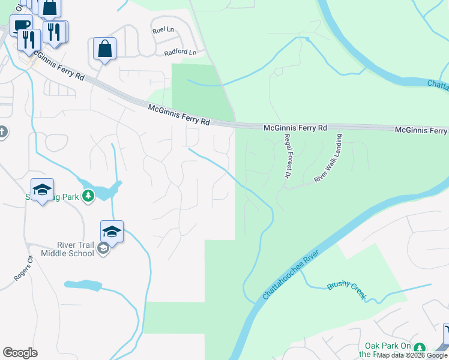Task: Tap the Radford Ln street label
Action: tap(180, 53)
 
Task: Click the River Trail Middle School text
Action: tap(67, 248)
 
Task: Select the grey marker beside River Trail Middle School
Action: tap(103, 248)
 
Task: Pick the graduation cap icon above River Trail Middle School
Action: tap(112, 231)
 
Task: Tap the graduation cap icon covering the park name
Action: tap(42, 190)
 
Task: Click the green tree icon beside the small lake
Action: tap(88, 196)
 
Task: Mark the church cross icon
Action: tap(2, 132)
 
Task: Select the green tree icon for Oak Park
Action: tap(420, 347)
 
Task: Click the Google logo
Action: tap(20, 353)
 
